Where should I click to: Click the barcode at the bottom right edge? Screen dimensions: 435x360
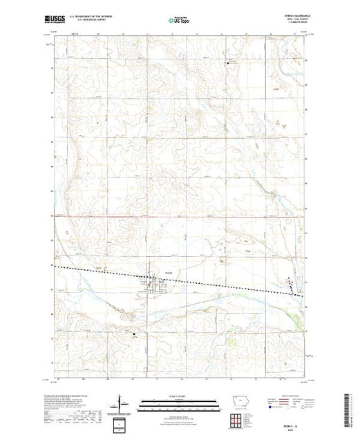point(352,407)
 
